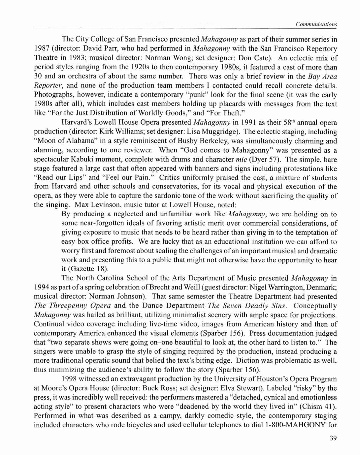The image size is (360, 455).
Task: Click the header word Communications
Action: (x=316, y=24)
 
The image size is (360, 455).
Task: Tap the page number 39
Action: (x=333, y=438)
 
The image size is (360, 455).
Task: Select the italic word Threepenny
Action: (x=68, y=306)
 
